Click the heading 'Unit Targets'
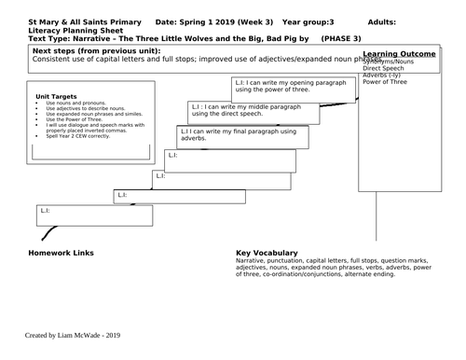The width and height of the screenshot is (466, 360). click(x=54, y=96)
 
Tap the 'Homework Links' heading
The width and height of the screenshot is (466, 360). click(x=63, y=254)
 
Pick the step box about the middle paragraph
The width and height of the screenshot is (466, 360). click(x=249, y=111)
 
